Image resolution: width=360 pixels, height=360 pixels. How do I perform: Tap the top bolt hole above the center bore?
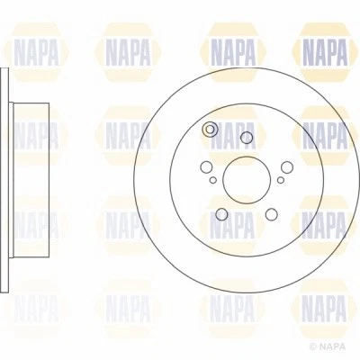pos(246,138)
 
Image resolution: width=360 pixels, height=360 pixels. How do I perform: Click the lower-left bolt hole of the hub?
pos(221,213)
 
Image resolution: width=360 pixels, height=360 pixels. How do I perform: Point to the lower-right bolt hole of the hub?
pos(270,213)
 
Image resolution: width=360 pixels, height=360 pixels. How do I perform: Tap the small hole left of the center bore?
pos(213,180)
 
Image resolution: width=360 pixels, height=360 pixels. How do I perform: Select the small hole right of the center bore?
pos(279,180)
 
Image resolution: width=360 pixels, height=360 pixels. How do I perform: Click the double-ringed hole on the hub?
pos(211,130)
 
